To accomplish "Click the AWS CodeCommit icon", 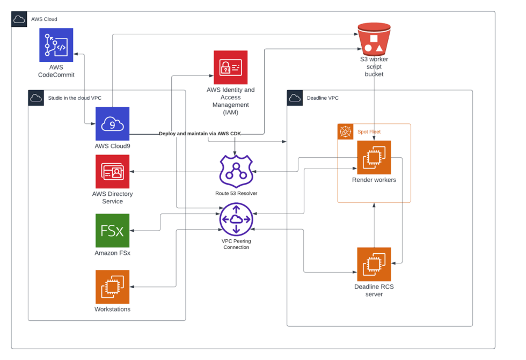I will [56, 45].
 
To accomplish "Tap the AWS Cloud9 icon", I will [112, 123].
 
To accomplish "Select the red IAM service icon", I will [230, 68].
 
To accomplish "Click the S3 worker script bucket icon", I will [374, 39].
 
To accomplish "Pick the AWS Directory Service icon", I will [112, 172].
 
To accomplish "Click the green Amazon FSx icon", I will [112, 230].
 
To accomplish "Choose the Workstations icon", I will [112, 286].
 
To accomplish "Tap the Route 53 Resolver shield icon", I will [236, 171].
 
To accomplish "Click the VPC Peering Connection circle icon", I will [236, 220].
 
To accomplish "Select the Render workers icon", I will [374, 158].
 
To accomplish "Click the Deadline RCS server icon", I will [374, 265].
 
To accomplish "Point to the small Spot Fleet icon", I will [345, 131].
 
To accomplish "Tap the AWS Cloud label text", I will [44, 19].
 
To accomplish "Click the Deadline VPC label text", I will [323, 98].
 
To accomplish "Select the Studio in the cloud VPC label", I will [75, 98].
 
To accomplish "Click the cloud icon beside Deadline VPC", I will [295, 98].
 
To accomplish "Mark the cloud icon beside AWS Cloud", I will [19, 19].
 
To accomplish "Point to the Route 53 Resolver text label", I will [236, 193].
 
